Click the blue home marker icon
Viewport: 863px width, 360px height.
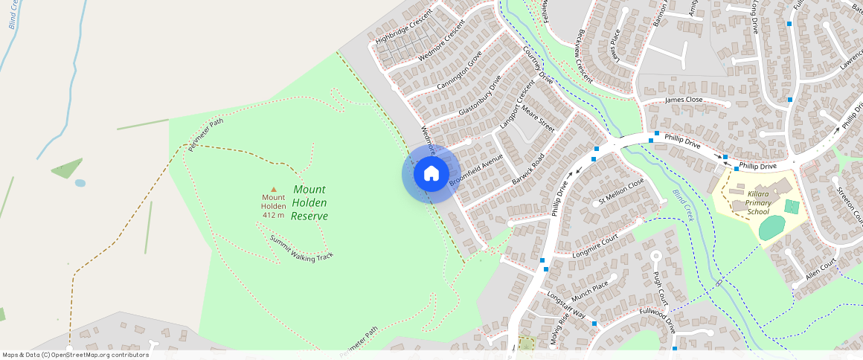(x=431, y=174)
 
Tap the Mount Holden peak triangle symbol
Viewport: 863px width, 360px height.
(x=273, y=189)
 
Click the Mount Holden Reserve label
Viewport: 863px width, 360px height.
(x=309, y=202)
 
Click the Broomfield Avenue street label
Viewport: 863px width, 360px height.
(x=476, y=170)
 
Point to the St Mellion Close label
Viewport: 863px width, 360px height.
(x=621, y=191)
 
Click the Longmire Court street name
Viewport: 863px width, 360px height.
(x=596, y=246)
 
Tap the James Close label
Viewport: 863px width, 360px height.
(x=684, y=100)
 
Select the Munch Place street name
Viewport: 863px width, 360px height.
(x=590, y=293)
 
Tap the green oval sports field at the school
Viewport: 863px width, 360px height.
(x=771, y=228)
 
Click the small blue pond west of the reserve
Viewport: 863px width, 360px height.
(x=80, y=182)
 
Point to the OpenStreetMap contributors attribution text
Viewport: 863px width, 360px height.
(x=75, y=355)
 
